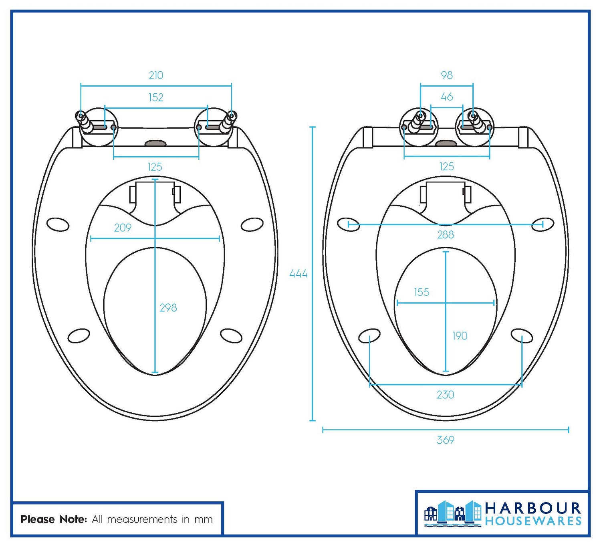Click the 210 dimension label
tap(156, 75)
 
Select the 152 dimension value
tap(156, 97)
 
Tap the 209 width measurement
tap(123, 228)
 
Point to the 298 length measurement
tap(168, 308)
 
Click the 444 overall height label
tap(298, 274)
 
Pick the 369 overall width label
tap(445, 440)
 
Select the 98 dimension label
tap(446, 75)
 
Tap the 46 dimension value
tap(447, 97)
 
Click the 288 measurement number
tap(446, 234)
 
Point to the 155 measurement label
tap(422, 292)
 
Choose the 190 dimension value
tap(460, 336)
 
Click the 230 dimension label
tap(445, 395)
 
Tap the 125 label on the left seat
tap(155, 167)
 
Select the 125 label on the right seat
tap(446, 167)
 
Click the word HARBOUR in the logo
tap(533, 509)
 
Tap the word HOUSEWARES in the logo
tap(533, 521)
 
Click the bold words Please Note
tap(54, 519)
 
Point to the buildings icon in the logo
tap(453, 513)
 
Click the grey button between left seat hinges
tap(155, 143)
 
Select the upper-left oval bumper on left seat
tap(58, 224)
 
